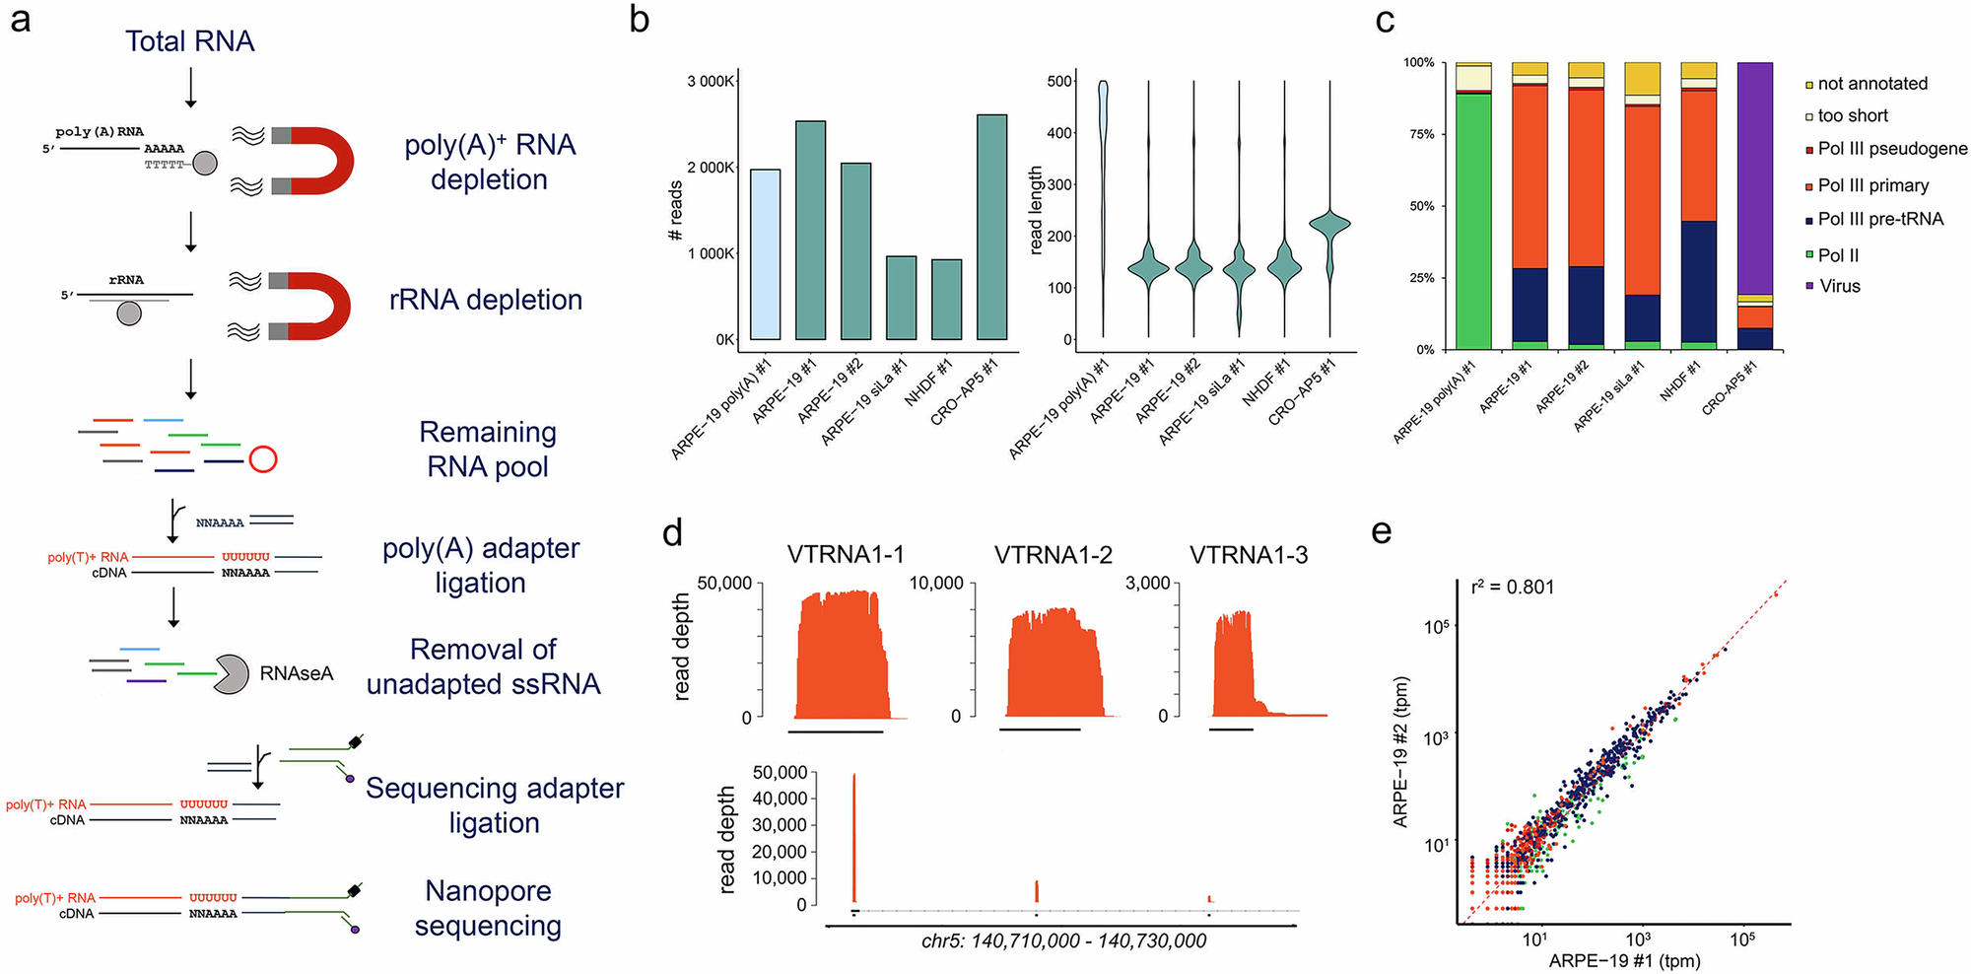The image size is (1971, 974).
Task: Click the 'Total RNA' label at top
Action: coord(189,41)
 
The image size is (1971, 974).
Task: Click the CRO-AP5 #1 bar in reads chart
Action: coord(991,227)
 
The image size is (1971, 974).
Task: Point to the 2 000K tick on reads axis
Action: coord(711,168)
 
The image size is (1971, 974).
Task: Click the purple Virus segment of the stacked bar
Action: coord(1754,177)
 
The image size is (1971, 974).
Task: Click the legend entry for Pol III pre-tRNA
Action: coord(1879,219)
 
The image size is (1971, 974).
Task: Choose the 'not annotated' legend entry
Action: coord(1871,84)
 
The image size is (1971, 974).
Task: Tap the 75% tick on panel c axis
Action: coord(1419,134)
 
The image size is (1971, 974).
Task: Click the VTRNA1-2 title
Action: coord(1053,555)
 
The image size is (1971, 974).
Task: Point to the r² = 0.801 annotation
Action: coord(1512,588)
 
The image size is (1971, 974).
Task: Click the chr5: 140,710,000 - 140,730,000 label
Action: coord(1063,940)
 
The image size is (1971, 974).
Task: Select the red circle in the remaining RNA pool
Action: coord(263,459)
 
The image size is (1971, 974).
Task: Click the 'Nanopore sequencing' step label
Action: coord(488,908)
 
